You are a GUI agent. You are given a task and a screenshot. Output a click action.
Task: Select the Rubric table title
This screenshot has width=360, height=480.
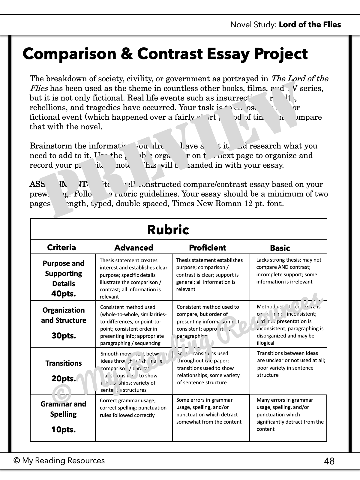pyautogui.click(x=168, y=230)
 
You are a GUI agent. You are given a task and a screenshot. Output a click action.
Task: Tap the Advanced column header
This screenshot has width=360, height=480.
pyautogui.click(x=134, y=248)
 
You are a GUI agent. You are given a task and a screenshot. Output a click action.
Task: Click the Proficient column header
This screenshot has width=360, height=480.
pyautogui.click(x=207, y=248)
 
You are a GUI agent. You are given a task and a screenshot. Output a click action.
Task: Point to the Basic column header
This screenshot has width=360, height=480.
pyautogui.click(x=280, y=248)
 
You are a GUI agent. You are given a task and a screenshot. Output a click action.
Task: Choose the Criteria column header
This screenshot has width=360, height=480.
pyautogui.click(x=61, y=247)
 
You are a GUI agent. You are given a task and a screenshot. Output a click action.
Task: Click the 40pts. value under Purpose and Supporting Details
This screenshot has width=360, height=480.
pyautogui.click(x=63, y=294)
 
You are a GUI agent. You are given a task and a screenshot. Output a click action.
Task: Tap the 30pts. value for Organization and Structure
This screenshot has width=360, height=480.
pyautogui.click(x=63, y=336)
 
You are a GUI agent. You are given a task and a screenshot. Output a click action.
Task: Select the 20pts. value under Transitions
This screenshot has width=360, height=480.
pyautogui.click(x=63, y=379)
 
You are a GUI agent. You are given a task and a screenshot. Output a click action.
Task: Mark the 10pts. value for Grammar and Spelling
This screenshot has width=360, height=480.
pyautogui.click(x=63, y=430)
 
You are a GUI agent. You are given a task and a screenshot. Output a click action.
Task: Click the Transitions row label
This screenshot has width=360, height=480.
pyautogui.click(x=63, y=363)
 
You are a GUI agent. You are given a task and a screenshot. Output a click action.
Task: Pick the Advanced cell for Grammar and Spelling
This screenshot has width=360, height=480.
pyautogui.click(x=133, y=408)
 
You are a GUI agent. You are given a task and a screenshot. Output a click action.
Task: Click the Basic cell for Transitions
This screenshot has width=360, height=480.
pyautogui.click(x=291, y=364)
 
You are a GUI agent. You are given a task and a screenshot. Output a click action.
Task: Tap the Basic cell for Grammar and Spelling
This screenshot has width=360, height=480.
pyautogui.click(x=290, y=414)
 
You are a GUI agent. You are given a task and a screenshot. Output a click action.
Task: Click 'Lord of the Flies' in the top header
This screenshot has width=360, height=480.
pyautogui.click(x=310, y=25)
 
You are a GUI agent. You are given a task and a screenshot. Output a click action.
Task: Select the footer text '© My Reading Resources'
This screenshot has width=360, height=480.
pyautogui.click(x=59, y=460)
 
